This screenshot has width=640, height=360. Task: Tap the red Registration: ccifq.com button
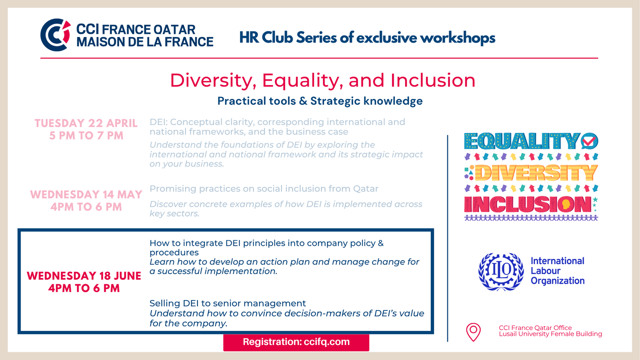point(296,342)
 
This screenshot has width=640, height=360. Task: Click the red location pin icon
point(473,332)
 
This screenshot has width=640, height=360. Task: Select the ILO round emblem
point(501,272)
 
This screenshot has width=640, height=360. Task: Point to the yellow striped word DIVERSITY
point(536,172)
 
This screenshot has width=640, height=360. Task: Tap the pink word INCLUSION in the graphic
point(527,204)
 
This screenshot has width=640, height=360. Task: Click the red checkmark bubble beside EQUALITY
point(590,141)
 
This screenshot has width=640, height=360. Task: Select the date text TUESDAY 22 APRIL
point(86,123)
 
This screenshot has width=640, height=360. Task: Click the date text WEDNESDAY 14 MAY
point(86,195)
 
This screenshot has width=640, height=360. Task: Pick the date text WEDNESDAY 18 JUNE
point(84,276)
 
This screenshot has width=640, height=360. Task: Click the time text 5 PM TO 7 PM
point(86,135)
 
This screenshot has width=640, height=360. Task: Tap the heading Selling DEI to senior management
point(227,303)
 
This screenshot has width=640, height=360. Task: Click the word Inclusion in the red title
point(433,80)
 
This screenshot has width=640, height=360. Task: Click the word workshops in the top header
point(457,38)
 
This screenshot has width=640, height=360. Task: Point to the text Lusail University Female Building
point(550,334)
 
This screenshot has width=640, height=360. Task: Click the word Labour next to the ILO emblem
point(545,271)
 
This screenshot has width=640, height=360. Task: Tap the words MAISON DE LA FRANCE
point(145,42)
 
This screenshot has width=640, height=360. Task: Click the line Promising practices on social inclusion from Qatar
point(264,189)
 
